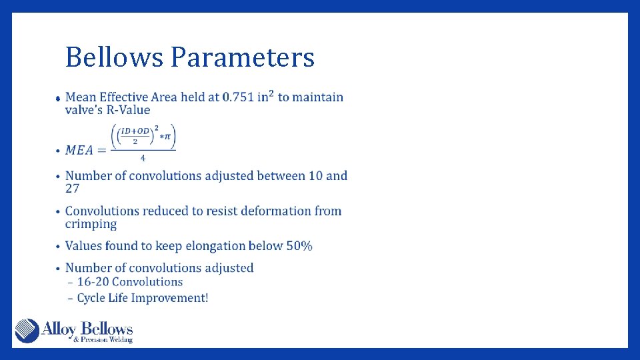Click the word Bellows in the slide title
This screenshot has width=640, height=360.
(x=114, y=58)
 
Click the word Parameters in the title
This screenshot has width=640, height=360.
(x=242, y=58)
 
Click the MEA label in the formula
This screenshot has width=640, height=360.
(x=79, y=150)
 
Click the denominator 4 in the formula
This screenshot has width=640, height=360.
(x=143, y=159)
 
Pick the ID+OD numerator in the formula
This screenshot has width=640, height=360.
(x=135, y=131)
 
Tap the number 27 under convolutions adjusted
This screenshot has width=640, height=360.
(x=72, y=189)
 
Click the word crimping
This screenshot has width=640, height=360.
(x=91, y=224)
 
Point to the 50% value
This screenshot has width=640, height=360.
(x=299, y=246)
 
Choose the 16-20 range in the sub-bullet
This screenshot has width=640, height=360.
(x=93, y=282)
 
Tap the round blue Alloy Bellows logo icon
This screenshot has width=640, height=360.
(x=27, y=331)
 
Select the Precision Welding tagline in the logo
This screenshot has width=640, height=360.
(x=103, y=340)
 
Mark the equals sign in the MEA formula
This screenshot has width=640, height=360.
(x=101, y=150)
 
